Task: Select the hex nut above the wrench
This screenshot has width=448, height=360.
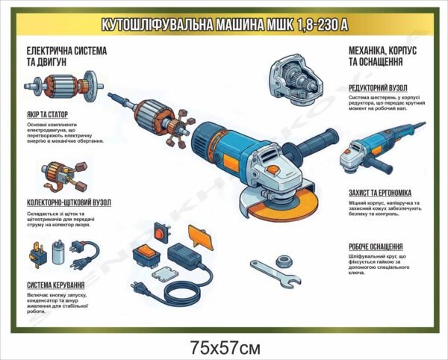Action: pyautogui.click(x=284, y=260)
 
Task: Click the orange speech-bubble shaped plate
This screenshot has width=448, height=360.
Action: pyautogui.click(x=196, y=236)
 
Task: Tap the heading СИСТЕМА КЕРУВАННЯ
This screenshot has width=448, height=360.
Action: pyautogui.click(x=55, y=285)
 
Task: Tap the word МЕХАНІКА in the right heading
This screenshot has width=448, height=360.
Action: pyautogui.click(x=370, y=50)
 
